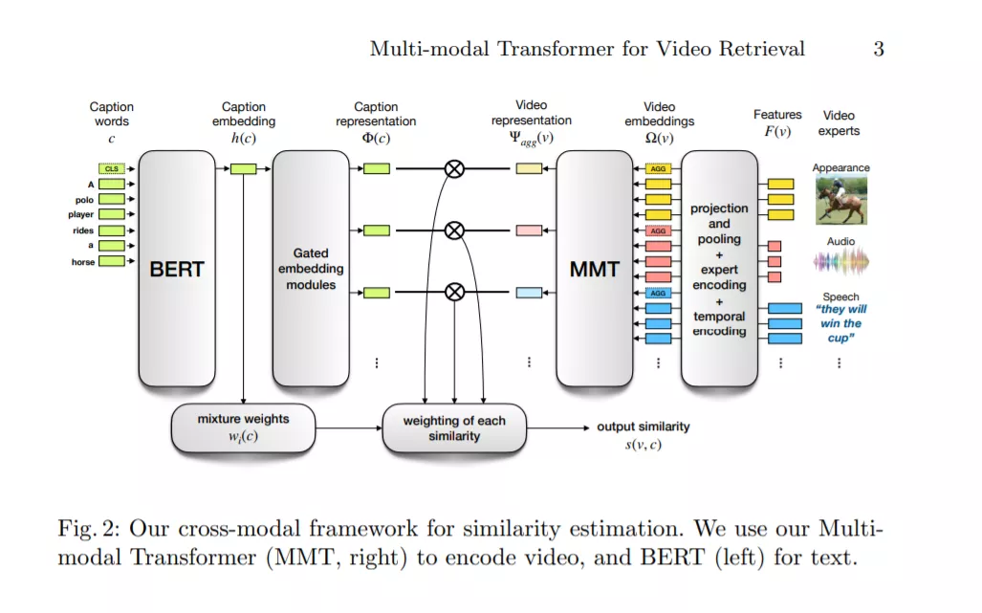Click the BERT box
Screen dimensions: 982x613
(177, 268)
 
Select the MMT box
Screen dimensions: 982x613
(595, 268)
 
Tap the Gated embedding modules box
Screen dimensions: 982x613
(311, 268)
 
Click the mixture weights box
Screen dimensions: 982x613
(243, 427)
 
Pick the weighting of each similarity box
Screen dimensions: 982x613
(454, 427)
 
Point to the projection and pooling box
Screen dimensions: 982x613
(719, 268)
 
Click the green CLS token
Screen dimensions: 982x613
(112, 168)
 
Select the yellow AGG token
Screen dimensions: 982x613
(658, 168)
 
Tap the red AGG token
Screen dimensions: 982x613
(658, 230)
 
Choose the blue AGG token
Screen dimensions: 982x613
(658, 293)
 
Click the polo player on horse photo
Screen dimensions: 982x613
(841, 201)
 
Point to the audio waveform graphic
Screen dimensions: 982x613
(841, 261)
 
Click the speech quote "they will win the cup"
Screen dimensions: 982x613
(841, 324)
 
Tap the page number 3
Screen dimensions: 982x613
(879, 49)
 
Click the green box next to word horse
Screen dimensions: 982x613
(112, 261)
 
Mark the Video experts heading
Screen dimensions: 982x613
(839, 122)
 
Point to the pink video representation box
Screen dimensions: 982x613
(529, 230)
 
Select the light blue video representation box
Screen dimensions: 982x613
(529, 293)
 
